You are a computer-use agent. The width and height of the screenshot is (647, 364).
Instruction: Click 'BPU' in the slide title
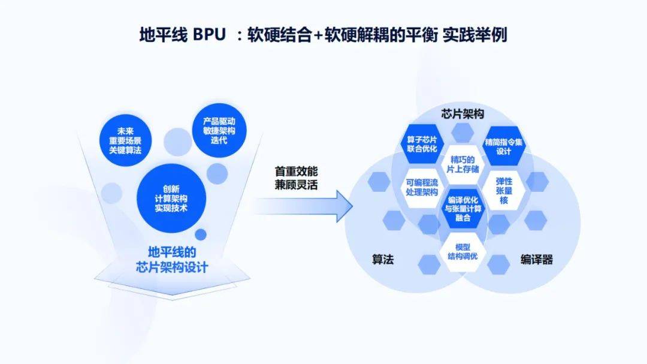(x=209, y=35)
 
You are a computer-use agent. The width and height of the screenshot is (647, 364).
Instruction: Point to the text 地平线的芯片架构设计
(x=171, y=259)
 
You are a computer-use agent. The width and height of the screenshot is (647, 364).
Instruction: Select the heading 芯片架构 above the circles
(x=462, y=114)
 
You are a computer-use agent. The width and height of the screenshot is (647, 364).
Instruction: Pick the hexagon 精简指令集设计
(x=504, y=144)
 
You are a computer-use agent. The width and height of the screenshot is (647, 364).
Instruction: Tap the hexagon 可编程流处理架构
(x=422, y=187)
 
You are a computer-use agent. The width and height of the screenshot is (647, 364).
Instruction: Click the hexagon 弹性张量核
(x=503, y=190)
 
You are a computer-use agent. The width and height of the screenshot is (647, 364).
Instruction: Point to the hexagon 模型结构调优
(x=462, y=251)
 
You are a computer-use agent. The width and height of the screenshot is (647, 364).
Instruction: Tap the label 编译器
(x=536, y=260)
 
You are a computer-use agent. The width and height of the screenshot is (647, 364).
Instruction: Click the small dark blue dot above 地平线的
(x=201, y=234)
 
